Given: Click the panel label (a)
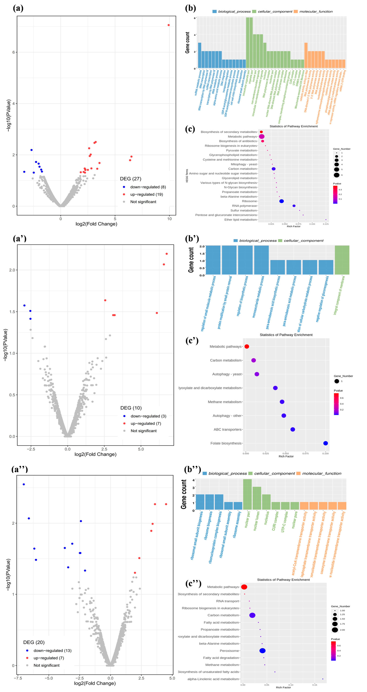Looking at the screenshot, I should pos(18,8).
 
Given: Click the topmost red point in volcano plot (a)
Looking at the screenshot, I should pos(169,25).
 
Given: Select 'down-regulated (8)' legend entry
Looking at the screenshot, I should pos(148,187).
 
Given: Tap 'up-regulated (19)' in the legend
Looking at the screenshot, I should pos(147,194).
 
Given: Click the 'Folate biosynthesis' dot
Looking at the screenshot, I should pos(325,443).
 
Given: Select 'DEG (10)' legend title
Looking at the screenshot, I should pos(131,408).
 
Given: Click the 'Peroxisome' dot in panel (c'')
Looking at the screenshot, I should pos(262,651).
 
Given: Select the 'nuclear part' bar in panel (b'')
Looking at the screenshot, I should pos(247,494).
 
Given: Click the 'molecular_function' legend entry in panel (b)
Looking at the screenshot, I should pos(316,11).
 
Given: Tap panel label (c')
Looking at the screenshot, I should pos(192,341).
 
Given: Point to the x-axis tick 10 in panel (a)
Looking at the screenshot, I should pos(169,219).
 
